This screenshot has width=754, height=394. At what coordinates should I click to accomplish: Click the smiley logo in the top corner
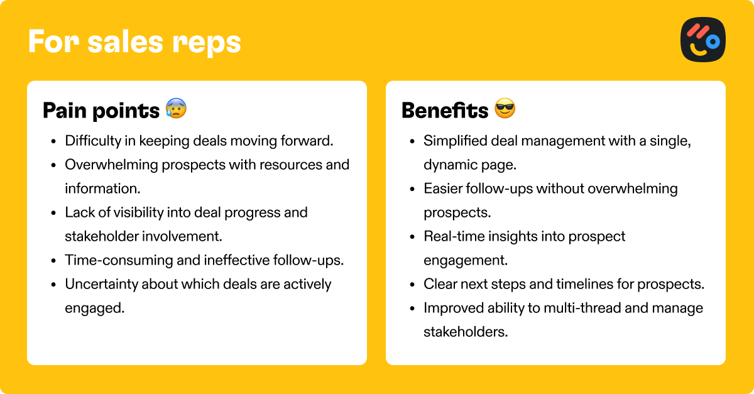pos(703,40)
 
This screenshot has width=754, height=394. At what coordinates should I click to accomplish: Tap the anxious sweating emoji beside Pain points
pos(176,108)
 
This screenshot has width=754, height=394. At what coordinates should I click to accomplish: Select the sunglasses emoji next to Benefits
pos(505,108)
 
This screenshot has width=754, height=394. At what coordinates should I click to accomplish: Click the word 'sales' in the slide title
pos(125,42)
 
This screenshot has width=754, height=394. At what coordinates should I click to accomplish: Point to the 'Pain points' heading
pos(101,111)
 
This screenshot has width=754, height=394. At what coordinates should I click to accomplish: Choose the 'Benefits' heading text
pos(445,110)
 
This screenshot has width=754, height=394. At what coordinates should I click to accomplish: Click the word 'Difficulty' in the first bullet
pos(93,141)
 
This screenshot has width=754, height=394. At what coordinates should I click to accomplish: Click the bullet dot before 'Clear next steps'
pos(412,285)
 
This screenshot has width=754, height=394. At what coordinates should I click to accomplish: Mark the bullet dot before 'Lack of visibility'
pos(53,213)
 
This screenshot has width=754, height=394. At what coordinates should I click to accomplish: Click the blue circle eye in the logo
pos(713,42)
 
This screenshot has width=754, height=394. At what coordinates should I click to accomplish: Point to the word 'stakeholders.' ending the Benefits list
pos(466,332)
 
